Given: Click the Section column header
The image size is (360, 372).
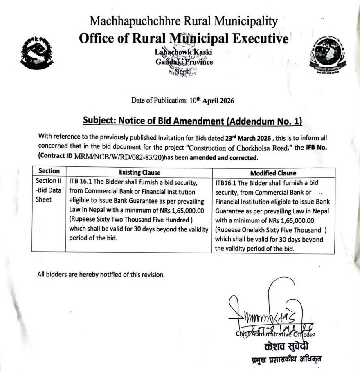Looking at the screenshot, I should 49,172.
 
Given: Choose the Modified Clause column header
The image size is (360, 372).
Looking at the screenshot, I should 273,173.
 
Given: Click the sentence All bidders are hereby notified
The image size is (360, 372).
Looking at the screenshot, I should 101,274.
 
